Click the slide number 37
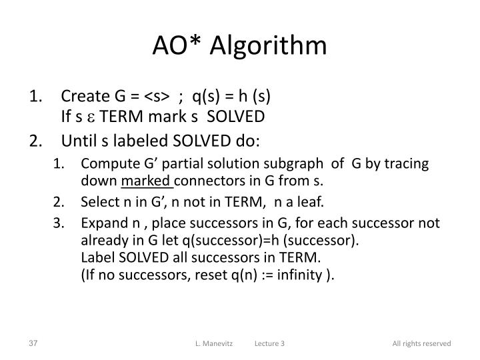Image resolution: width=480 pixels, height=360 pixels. point(33,343)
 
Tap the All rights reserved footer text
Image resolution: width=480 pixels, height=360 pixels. point(421,343)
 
